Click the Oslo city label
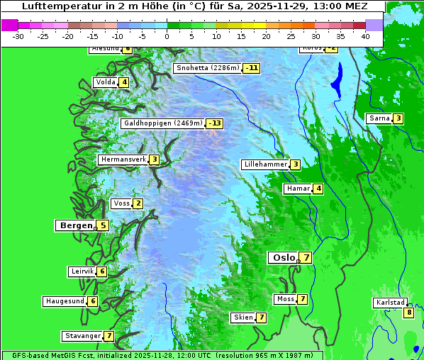click(284, 258)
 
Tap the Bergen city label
click(77, 225)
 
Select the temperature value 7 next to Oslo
click(305, 257)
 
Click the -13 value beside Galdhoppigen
click(214, 123)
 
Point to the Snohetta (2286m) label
click(208, 68)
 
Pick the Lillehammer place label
click(265, 164)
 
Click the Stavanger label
click(82, 336)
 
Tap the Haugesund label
click(65, 301)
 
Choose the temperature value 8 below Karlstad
click(408, 313)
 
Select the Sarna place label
click(379, 118)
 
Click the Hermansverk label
click(123, 159)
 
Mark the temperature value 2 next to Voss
click(138, 204)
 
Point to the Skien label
click(243, 317)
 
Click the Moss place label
click(285, 299)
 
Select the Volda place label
click(105, 82)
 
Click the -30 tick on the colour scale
click(18, 35)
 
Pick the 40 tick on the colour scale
click(365, 35)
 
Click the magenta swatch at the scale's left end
click(9, 25)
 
